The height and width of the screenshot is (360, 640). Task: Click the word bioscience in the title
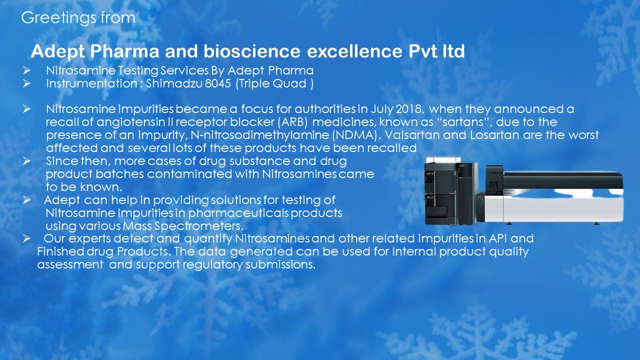pyautogui.click(x=252, y=51)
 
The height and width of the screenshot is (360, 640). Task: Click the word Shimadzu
pyautogui.click(x=174, y=83)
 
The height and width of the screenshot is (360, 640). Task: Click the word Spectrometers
pyautogui.click(x=199, y=226)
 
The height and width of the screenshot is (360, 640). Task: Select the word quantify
pyautogui.click(x=208, y=239)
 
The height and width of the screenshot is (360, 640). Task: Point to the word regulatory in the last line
pyautogui.click(x=212, y=265)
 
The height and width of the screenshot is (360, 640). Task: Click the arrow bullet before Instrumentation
pyautogui.click(x=27, y=83)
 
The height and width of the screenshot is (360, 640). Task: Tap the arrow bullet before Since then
pyautogui.click(x=27, y=161)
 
